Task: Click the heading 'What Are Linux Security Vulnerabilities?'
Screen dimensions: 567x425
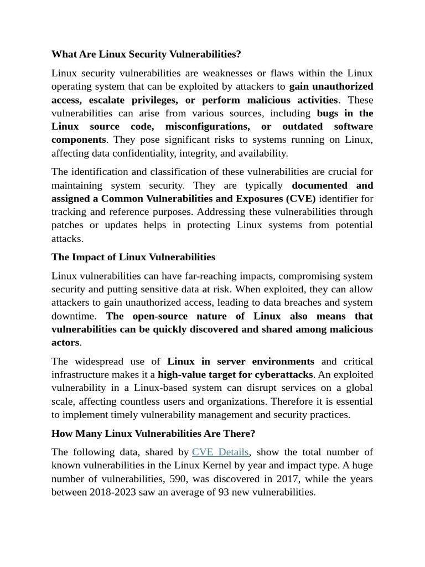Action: pyautogui.click(x=146, y=54)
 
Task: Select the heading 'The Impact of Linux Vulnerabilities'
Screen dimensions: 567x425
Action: pyautogui.click(x=133, y=257)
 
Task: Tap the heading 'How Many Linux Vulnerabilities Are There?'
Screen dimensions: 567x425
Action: pyautogui.click(x=153, y=433)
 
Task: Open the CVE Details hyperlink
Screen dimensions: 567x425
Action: pyautogui.click(x=220, y=452)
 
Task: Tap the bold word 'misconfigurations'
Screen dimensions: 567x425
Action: pyautogui.click(x=207, y=126)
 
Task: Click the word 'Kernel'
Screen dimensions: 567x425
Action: pyautogui.click(x=205, y=465)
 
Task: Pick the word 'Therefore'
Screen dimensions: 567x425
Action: pyautogui.click(x=269, y=401)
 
